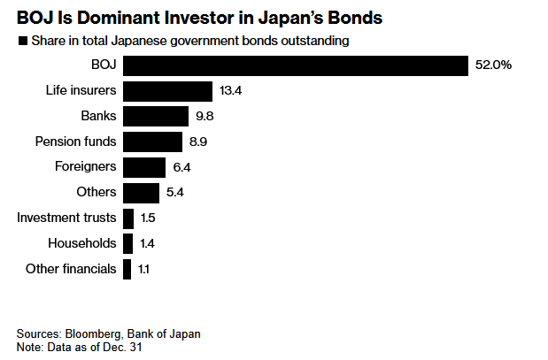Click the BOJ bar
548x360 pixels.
(x=295, y=65)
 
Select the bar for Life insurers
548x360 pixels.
(x=168, y=91)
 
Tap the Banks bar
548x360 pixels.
(x=156, y=116)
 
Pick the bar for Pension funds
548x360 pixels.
(x=153, y=142)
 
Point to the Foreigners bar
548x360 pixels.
(x=144, y=167)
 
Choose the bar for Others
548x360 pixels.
(x=142, y=192)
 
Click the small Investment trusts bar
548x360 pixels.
(x=128, y=218)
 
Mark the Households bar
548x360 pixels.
(x=128, y=243)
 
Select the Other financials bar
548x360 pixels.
(x=127, y=268)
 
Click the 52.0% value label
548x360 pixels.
(x=494, y=65)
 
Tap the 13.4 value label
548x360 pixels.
(x=230, y=91)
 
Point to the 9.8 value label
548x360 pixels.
(x=205, y=116)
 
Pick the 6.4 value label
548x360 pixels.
(x=181, y=167)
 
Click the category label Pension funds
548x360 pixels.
(x=75, y=142)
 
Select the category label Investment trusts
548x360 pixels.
(x=68, y=218)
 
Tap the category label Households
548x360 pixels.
(x=83, y=243)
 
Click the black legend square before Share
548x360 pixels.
(x=21, y=41)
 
